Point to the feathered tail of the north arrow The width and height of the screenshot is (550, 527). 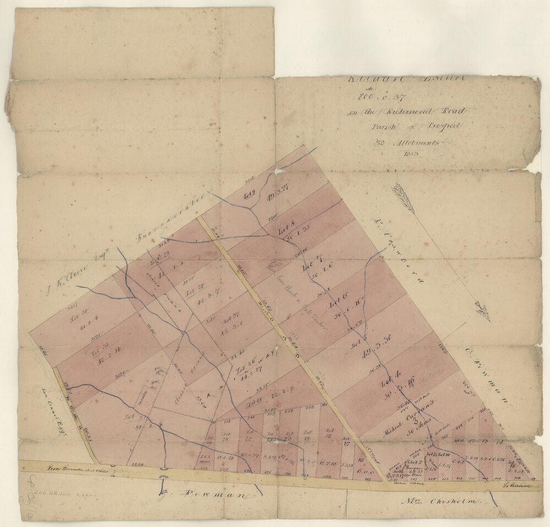pyautogui.click(x=403, y=197)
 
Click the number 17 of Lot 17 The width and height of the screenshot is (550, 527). pyautogui.click(x=347, y=442)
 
